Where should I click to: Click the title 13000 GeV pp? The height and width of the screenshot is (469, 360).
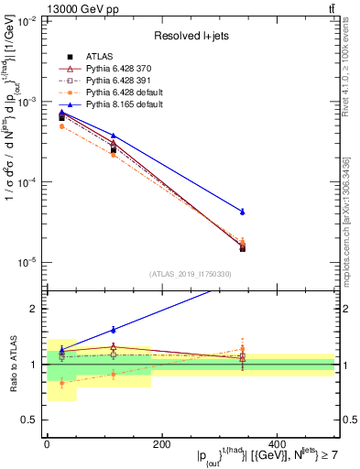pyautogui.click(x=42, y=7)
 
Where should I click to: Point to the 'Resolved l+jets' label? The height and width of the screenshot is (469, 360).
pyautogui.click(x=190, y=35)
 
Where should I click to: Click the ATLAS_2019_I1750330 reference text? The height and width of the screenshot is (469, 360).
pyautogui.click(x=190, y=273)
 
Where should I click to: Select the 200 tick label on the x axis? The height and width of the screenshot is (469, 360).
pyautogui.click(x=161, y=444)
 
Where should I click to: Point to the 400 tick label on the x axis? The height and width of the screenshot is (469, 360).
pyautogui.click(x=276, y=444)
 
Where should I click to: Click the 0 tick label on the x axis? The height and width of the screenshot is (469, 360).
pyautogui.click(x=47, y=444)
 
